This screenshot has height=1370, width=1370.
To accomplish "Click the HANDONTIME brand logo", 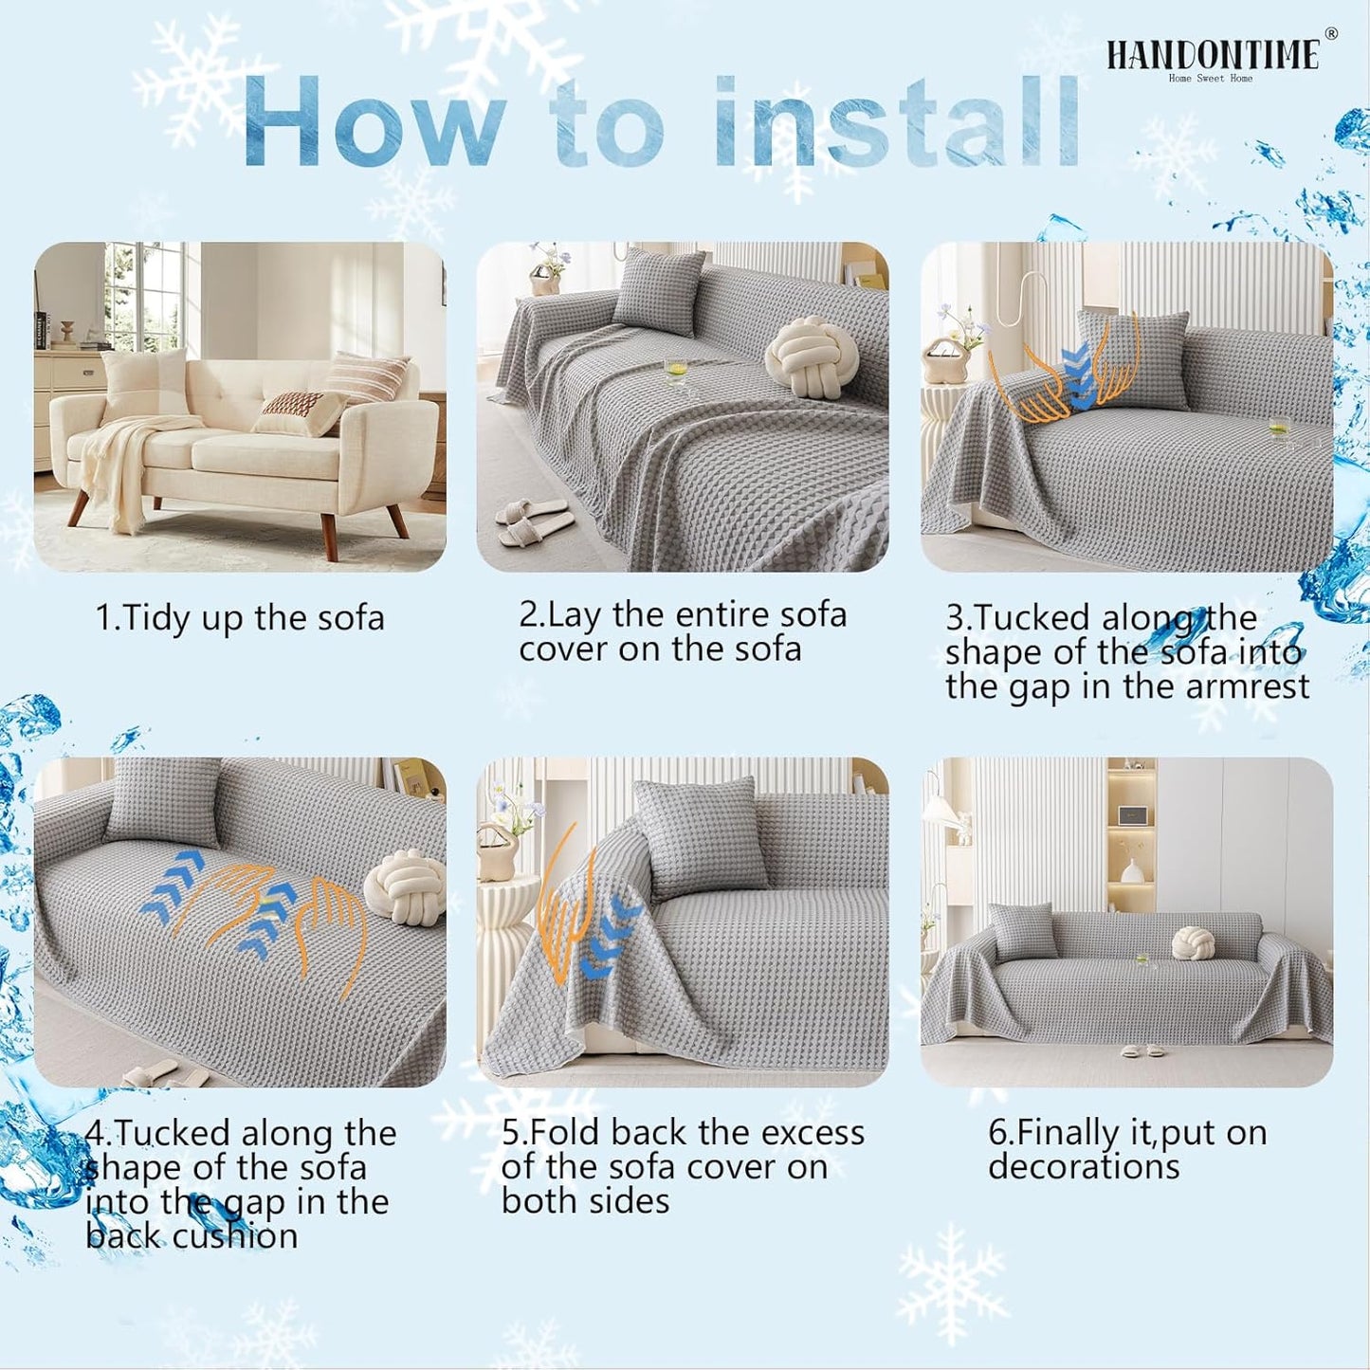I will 1214,55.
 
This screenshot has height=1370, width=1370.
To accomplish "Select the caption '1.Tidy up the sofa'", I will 240,618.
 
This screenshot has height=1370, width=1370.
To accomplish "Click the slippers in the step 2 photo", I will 534,517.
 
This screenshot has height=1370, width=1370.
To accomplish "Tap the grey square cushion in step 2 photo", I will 659,289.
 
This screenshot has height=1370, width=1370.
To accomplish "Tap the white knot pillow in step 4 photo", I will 405,886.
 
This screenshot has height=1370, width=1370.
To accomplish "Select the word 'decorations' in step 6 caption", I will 1084,1167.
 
